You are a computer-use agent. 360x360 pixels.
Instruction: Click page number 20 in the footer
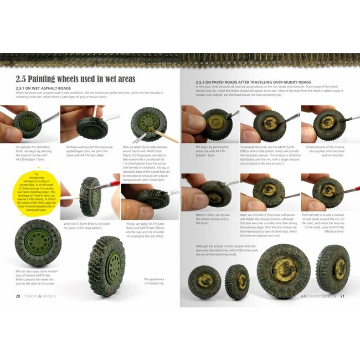coord(18,296)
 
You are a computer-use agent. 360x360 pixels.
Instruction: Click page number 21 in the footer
coord(342,296)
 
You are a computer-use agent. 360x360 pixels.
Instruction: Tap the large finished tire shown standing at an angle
coord(107,264)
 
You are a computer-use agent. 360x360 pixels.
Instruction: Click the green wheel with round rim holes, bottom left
coord(38,243)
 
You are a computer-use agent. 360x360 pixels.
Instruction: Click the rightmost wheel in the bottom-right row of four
coord(332,269)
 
